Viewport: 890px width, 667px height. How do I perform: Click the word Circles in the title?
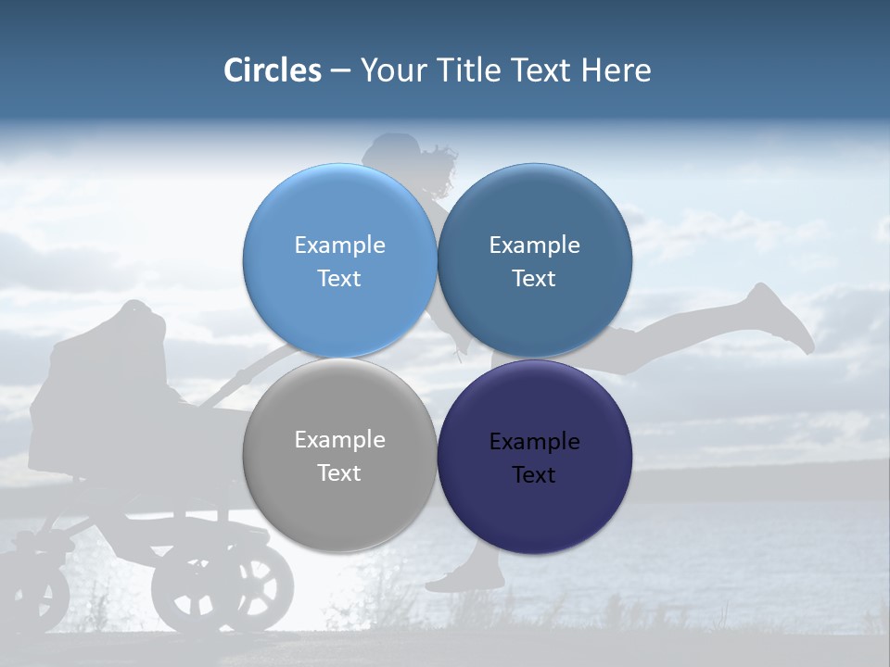coord(272,70)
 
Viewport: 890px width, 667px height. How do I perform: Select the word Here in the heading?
coord(616,70)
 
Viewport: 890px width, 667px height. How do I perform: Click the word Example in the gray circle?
coord(339,440)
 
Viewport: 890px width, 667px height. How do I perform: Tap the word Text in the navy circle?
coord(534,475)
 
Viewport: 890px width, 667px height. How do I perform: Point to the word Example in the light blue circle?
coord(339,245)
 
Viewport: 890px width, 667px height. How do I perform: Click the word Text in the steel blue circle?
coord(534,279)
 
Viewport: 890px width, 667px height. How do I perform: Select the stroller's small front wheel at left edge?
coord(37,593)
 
